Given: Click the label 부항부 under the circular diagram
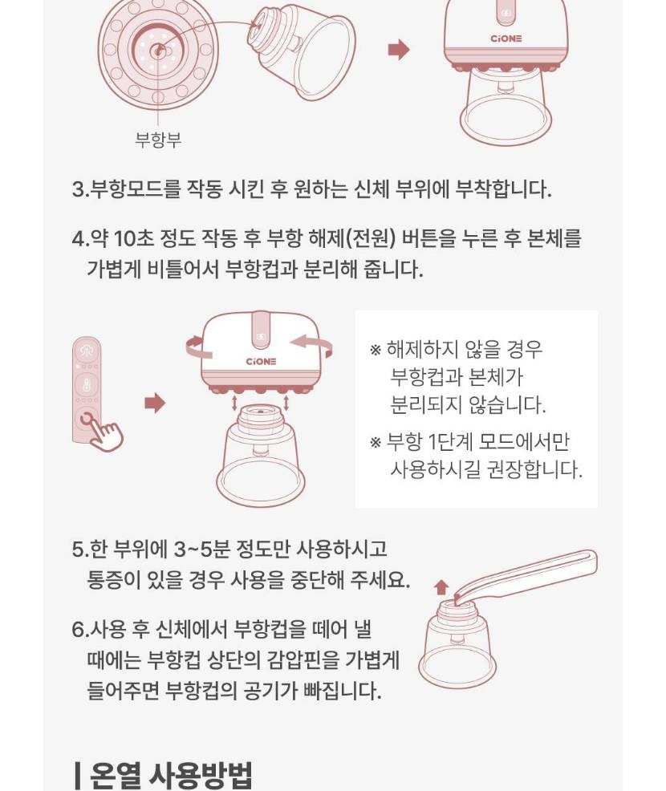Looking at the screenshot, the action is [158, 140].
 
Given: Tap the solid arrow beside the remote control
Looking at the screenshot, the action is [155, 403].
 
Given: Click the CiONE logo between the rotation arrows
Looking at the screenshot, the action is [261, 361].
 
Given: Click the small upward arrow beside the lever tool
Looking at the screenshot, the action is [441, 586].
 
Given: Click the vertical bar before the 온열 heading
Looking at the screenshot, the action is [77, 776].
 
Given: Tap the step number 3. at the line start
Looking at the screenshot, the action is [80, 189].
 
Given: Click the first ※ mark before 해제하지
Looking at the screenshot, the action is [376, 350].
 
